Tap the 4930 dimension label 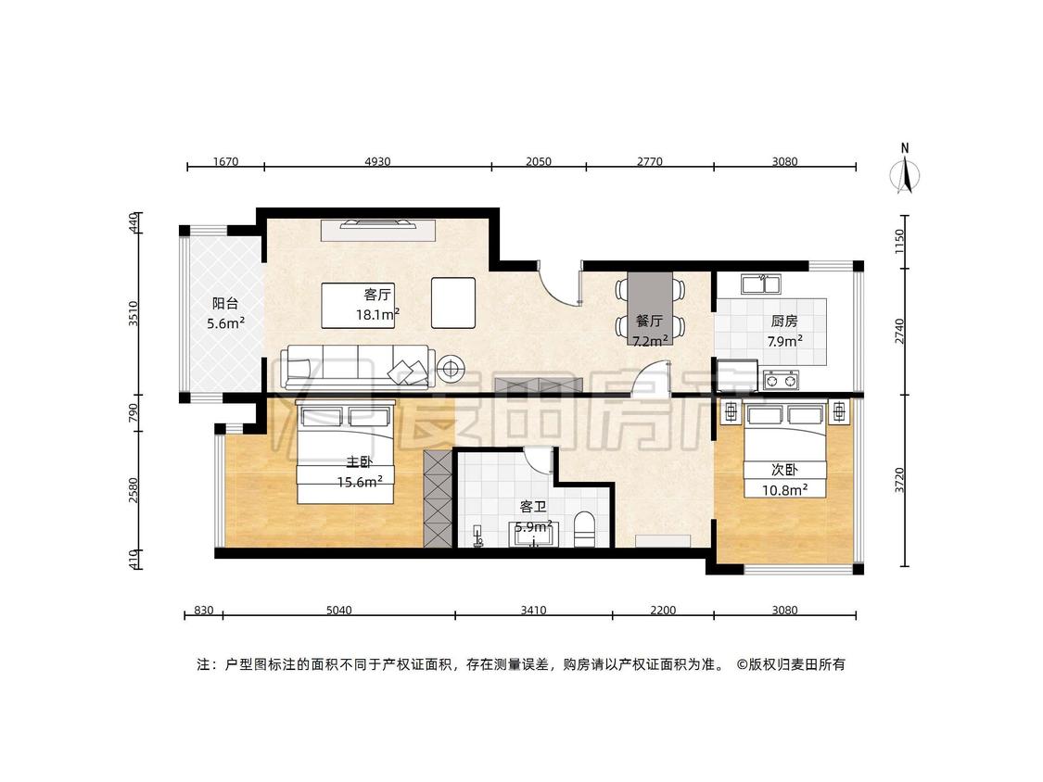(x=377, y=161)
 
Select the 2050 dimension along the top (x=538, y=161)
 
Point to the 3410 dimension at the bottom (x=533, y=611)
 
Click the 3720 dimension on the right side (x=900, y=480)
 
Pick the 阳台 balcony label (x=225, y=304)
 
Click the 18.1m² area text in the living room (x=377, y=314)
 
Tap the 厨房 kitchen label (x=784, y=322)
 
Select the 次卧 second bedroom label (x=784, y=470)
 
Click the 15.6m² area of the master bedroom (x=359, y=482)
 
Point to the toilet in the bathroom (x=584, y=529)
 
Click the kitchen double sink (x=761, y=284)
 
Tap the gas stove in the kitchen (x=781, y=381)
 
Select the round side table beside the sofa (x=451, y=368)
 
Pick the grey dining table (x=650, y=309)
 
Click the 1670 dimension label (x=225, y=161)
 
